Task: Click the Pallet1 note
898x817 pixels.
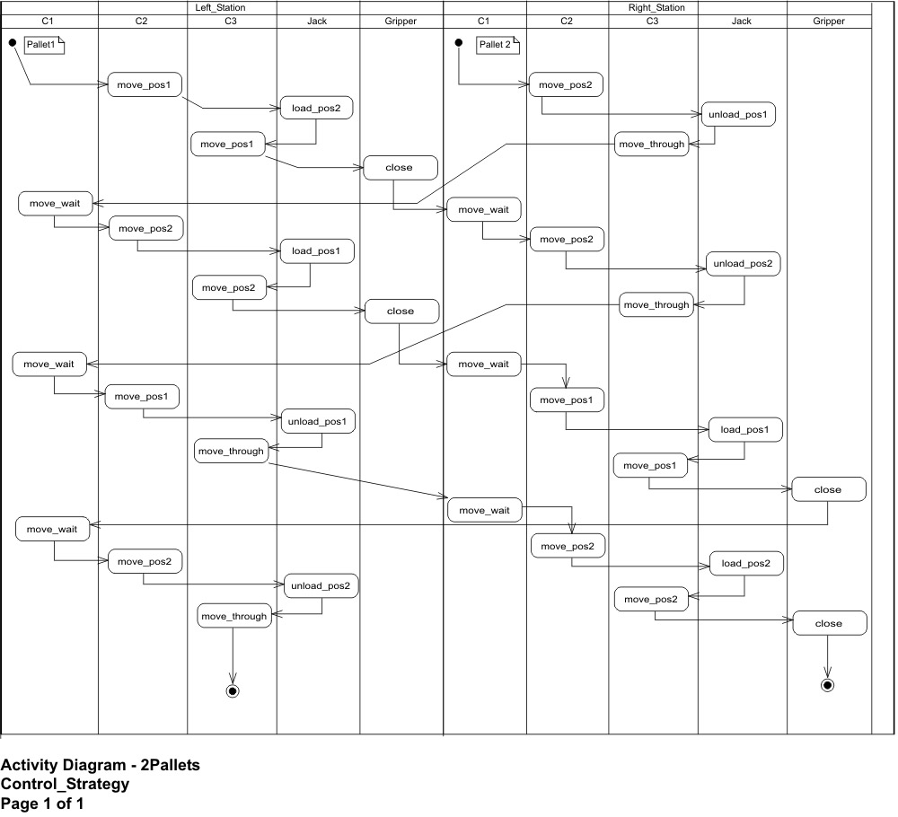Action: (44, 45)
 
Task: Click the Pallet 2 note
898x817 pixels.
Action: (497, 45)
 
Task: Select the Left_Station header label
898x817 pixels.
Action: (220, 7)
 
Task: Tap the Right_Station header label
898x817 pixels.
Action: (656, 7)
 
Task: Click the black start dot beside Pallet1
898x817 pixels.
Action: (13, 42)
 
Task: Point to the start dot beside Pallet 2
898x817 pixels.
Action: (459, 42)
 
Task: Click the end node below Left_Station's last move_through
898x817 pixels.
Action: (233, 691)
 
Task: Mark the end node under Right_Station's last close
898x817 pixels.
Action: (828, 685)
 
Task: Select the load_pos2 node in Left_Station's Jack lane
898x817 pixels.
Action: (316, 108)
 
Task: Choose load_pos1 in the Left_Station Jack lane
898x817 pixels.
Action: (317, 250)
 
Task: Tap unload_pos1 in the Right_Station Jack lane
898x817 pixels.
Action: (738, 114)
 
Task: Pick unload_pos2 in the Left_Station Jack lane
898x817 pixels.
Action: (321, 585)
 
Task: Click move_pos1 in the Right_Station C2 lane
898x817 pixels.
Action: (567, 400)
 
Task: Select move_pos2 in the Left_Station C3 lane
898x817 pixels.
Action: (229, 287)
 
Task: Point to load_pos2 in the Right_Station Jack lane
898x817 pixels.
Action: (746, 563)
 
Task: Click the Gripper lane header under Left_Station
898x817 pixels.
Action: (401, 22)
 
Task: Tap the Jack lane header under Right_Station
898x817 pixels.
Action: (742, 22)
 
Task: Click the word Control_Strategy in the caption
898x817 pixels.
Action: (65, 784)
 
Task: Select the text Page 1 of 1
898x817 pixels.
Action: (42, 804)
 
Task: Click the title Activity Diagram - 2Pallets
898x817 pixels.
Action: (101, 765)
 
